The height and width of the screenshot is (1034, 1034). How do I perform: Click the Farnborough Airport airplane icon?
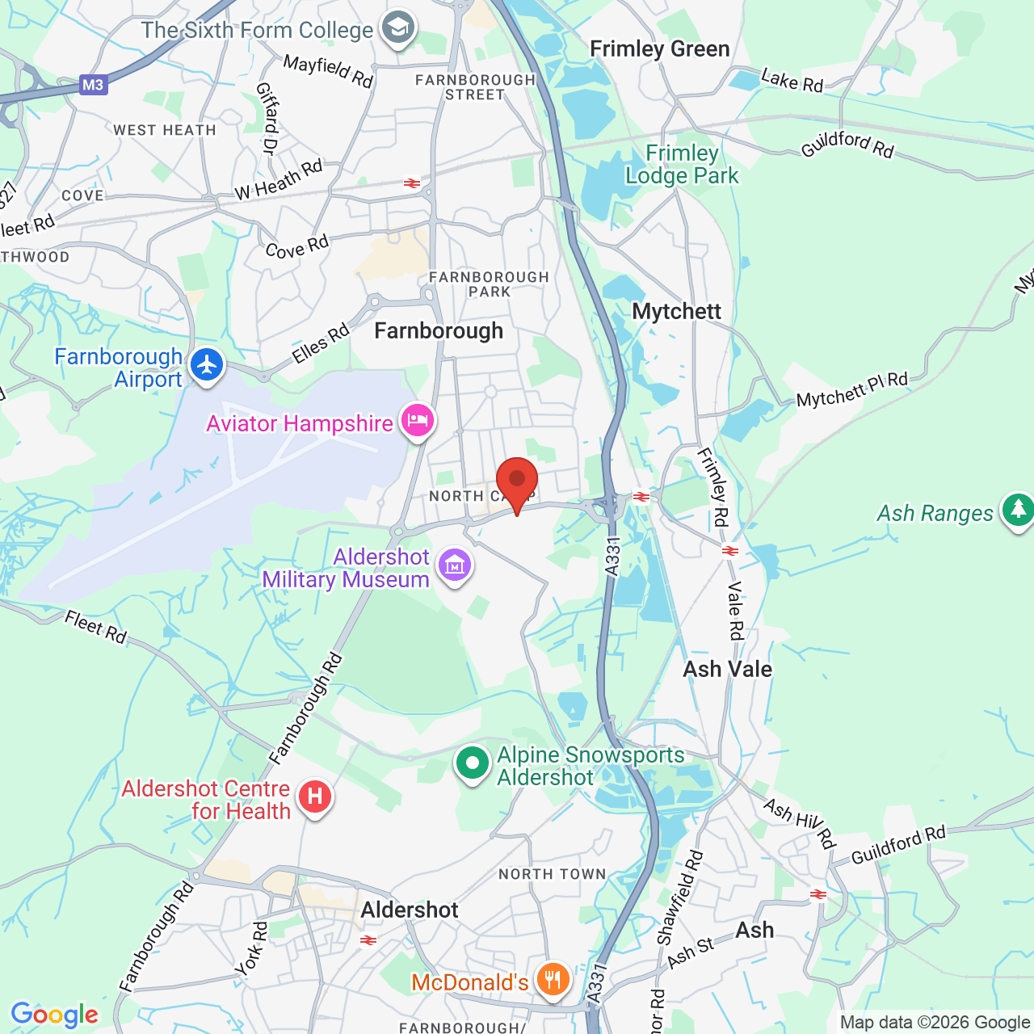coord(208,365)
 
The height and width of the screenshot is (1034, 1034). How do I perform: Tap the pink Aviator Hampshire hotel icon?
coord(418,421)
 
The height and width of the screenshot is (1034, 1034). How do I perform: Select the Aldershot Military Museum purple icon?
coord(455,566)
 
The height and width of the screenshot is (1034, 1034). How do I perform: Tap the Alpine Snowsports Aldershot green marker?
coord(473,763)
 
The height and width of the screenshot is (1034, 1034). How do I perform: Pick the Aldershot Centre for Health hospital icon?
coord(315,797)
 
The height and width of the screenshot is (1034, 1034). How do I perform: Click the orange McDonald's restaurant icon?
coord(553,981)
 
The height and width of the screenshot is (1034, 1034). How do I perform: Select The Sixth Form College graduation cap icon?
coord(397,29)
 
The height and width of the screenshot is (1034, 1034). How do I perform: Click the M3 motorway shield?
coord(93,85)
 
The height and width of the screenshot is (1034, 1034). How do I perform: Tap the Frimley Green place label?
coord(659,49)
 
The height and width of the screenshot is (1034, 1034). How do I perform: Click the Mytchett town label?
coord(676,312)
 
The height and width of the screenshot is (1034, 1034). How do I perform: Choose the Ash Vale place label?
coord(727,669)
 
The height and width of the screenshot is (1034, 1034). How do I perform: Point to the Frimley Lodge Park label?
coord(682,165)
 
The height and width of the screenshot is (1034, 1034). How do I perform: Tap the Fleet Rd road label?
coord(96,627)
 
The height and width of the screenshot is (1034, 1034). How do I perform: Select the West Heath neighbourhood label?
coord(165,130)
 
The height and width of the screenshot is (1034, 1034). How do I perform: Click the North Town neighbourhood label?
coord(552,874)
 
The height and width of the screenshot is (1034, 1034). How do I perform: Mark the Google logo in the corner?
coord(55,1015)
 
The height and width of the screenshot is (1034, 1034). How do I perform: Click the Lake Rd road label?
coord(792,80)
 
